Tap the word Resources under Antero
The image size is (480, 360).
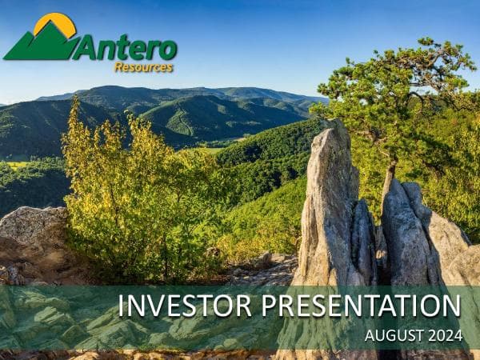point(143,67)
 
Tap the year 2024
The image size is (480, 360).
point(444,336)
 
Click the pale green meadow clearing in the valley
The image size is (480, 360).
point(210,150)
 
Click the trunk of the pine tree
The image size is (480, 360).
point(390,172)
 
